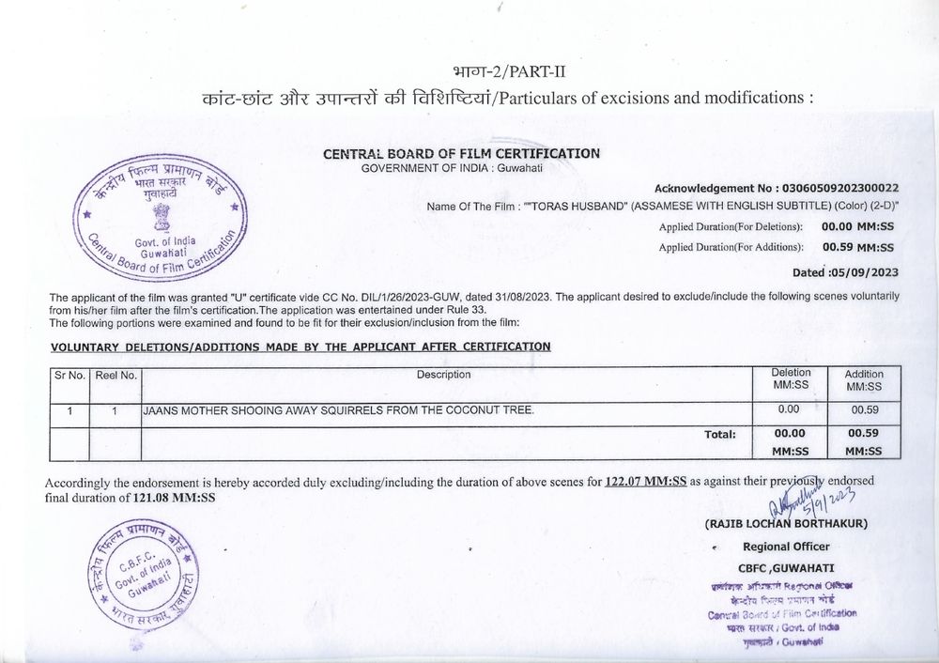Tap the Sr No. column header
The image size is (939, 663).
pyautogui.click(x=70, y=376)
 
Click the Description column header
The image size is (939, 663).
pyautogui.click(x=444, y=376)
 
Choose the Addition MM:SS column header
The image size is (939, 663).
pyautogui.click(x=864, y=380)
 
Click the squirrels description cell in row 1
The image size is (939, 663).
pyautogui.click(x=337, y=410)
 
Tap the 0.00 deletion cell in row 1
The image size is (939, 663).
pyautogui.click(x=789, y=410)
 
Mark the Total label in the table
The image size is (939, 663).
pyautogui.click(x=720, y=435)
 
